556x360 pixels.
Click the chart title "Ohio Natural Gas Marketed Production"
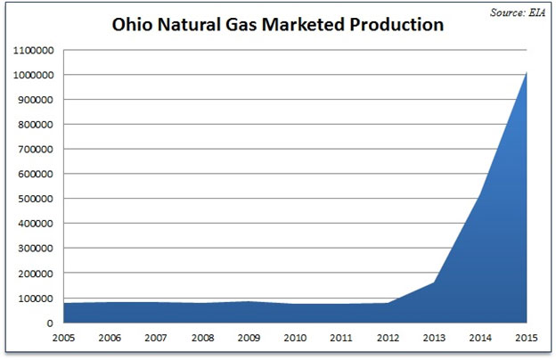pos(277,25)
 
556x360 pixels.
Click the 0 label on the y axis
pos(52,323)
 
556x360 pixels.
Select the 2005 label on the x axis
pos(62,339)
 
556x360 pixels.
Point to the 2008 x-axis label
pos(203,339)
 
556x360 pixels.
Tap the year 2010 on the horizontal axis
pos(297,339)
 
